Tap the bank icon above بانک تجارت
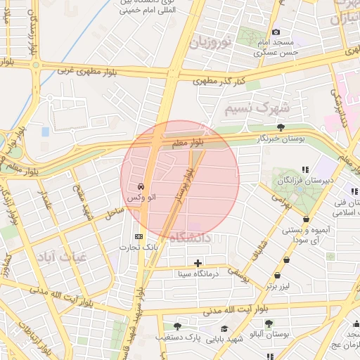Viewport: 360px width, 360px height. click(x=138, y=236)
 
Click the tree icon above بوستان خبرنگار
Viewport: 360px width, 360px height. click(x=281, y=127)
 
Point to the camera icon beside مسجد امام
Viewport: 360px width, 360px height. click(x=276, y=32)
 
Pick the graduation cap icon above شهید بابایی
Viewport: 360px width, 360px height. click(x=224, y=328)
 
